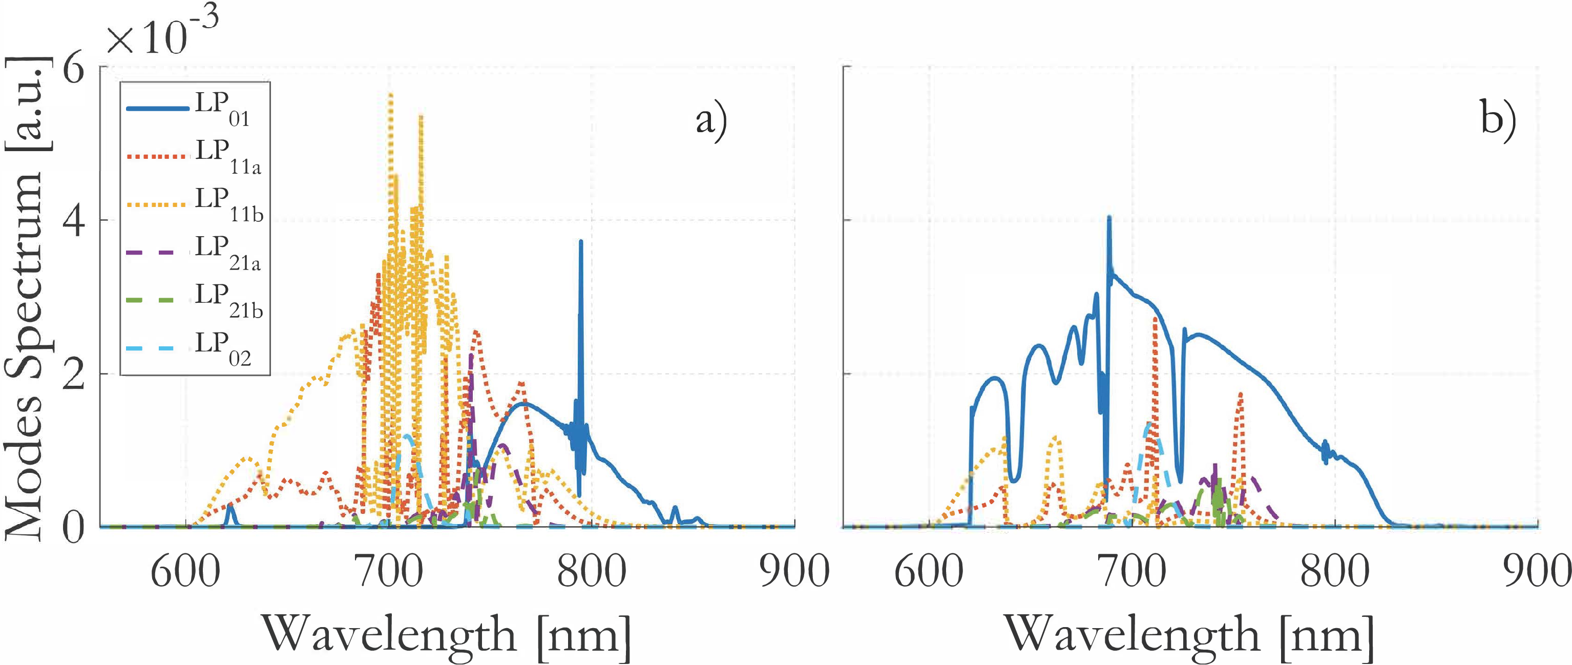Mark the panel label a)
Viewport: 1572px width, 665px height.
pyautogui.click(x=711, y=120)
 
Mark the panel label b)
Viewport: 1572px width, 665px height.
pyautogui.click(x=1498, y=120)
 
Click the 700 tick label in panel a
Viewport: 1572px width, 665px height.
pyautogui.click(x=388, y=573)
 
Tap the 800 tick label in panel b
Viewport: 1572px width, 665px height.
pyautogui.click(x=1335, y=573)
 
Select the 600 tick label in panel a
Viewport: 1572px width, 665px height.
pyautogui.click(x=185, y=573)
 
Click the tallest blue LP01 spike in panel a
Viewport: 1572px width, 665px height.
pyautogui.click(x=581, y=242)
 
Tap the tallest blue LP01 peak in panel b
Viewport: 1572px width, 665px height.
pyautogui.click(x=1109, y=218)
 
